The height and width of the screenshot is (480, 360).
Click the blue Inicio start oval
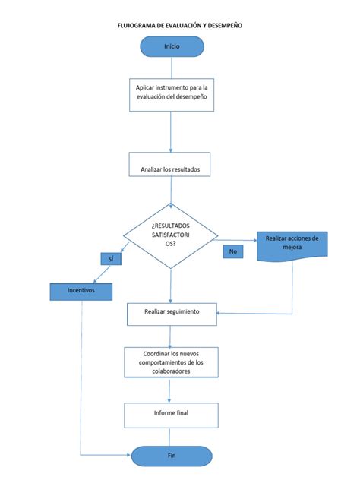pos(171,46)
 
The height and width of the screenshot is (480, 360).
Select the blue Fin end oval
pos(171,456)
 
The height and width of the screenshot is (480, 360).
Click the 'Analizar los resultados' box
pos(171,169)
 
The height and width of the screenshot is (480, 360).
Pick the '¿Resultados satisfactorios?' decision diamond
pos(171,235)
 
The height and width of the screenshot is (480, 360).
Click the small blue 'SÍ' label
pos(111,259)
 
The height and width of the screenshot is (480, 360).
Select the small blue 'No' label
pos(232,251)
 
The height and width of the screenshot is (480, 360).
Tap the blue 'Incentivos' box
pos(81,290)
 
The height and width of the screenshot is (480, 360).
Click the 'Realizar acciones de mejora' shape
pos(292,245)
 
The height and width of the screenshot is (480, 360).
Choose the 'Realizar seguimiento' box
pos(172,311)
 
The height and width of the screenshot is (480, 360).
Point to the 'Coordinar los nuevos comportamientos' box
pos(172,362)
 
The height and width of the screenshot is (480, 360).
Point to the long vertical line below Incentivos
pos(81,380)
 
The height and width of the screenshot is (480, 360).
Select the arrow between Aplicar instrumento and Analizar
pos(171,134)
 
